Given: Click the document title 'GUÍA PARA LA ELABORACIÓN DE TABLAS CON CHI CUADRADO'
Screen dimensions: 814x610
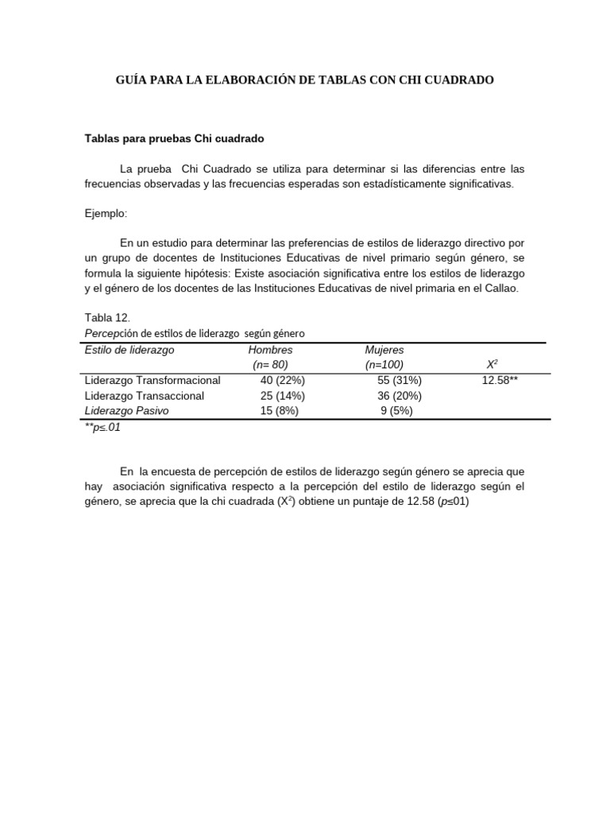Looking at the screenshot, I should pyautogui.click(x=305, y=80).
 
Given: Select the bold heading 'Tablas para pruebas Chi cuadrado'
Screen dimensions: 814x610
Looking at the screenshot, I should pyautogui.click(x=174, y=138).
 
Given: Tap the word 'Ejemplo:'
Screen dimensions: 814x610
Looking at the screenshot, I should pyautogui.click(x=106, y=214).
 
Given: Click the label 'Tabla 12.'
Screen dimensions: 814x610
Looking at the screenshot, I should pyautogui.click(x=106, y=317).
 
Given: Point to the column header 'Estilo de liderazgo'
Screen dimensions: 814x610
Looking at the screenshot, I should pyautogui.click(x=129, y=350).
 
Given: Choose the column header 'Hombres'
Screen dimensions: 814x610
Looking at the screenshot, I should pyautogui.click(x=270, y=350).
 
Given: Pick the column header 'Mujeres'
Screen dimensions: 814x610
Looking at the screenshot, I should pyautogui.click(x=384, y=350).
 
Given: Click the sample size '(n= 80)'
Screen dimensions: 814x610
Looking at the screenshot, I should pyautogui.click(x=270, y=365).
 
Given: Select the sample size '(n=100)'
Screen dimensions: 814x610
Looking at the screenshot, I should pyautogui.click(x=384, y=365).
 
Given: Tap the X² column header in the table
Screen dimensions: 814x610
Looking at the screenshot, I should pyautogui.click(x=492, y=365).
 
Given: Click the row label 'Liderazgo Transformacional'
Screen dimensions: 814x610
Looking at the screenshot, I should pyautogui.click(x=152, y=381).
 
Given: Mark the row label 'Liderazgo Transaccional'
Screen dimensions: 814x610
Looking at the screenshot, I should pyautogui.click(x=145, y=396).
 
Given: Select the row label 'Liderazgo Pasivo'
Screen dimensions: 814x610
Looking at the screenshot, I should pyautogui.click(x=127, y=411).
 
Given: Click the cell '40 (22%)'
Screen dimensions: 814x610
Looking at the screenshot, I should pyautogui.click(x=282, y=381).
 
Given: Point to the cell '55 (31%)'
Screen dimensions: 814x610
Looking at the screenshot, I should pyautogui.click(x=400, y=381).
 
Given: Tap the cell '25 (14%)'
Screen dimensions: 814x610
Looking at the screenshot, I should pyautogui.click(x=282, y=396).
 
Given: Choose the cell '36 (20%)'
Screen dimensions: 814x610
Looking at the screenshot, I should pyautogui.click(x=400, y=396).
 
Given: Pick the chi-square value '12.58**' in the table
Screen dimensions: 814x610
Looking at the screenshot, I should pyautogui.click(x=500, y=381).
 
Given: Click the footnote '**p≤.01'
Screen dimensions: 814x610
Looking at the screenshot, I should pyautogui.click(x=103, y=428).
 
